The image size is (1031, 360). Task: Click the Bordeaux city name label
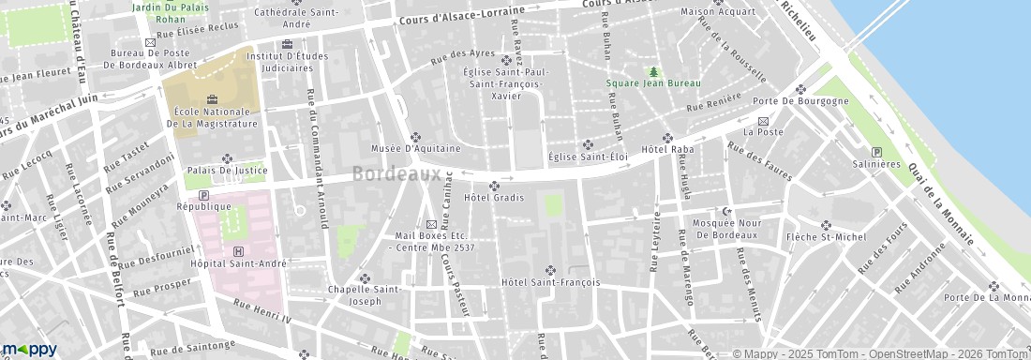pos(397,174)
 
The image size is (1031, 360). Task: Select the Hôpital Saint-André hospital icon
pos(238,251)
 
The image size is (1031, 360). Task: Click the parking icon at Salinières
pos(877,153)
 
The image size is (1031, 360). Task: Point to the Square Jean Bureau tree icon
pos(653,71)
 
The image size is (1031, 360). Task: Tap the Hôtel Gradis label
pos(493,198)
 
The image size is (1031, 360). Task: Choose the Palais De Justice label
pos(225,171)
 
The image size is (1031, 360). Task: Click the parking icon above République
pos(203,194)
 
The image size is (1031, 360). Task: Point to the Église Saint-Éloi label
pos(588,157)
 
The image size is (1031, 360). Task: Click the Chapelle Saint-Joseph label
pos(366,295)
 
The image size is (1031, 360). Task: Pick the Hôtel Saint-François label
pos(550,282)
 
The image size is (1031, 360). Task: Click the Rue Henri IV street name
pos(263,315)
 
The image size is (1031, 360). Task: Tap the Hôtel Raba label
pos(666,150)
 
